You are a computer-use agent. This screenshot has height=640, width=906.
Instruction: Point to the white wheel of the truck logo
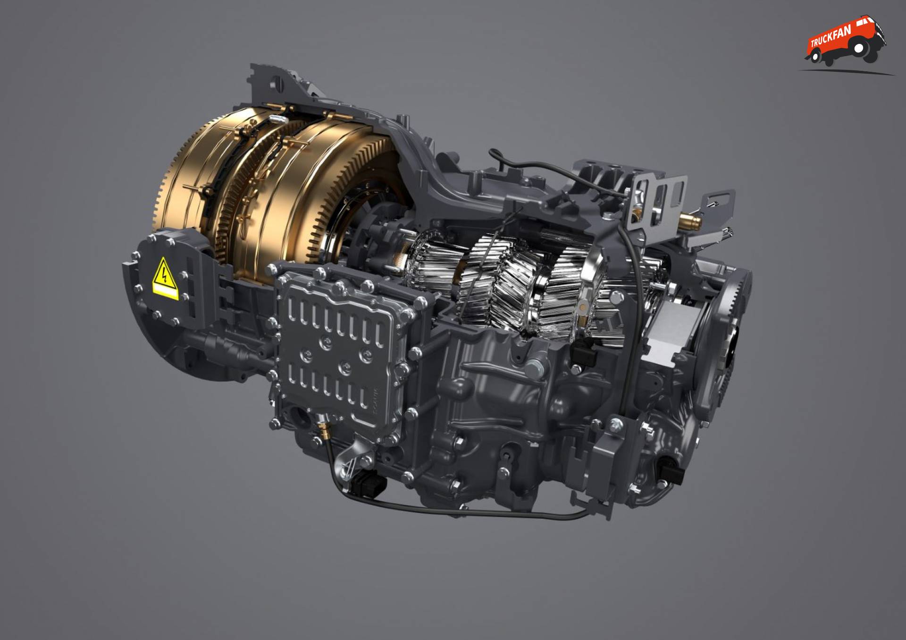coord(860,48)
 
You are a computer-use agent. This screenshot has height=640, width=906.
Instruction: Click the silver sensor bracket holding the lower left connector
coord(349,465)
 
